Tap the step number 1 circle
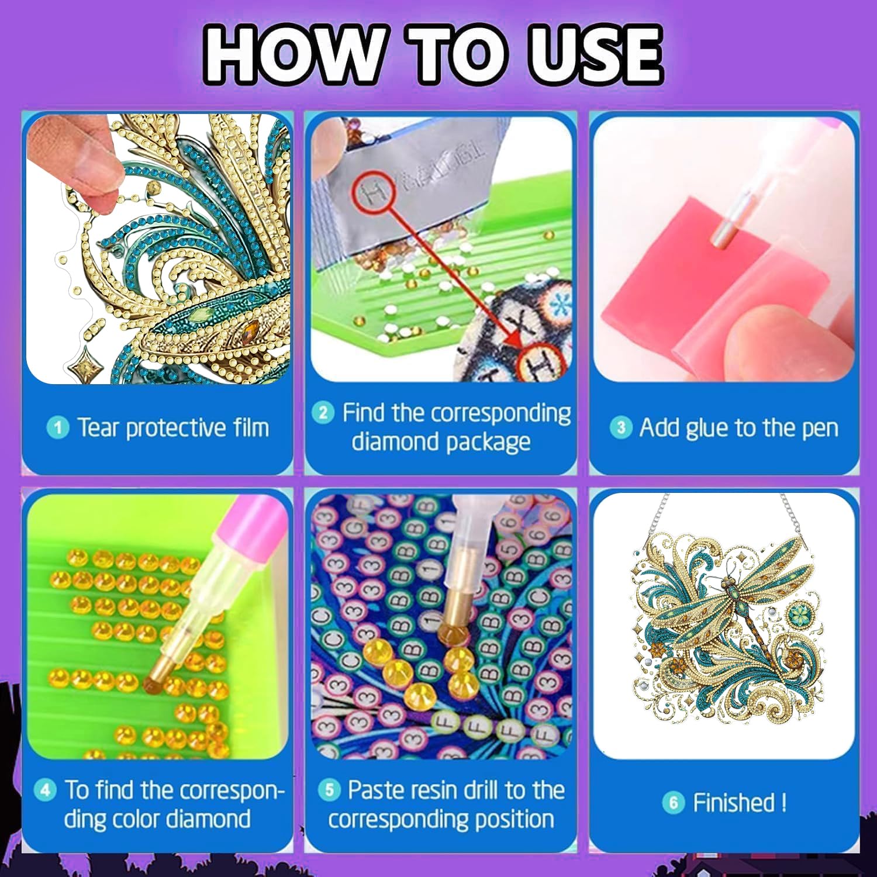pos(57,428)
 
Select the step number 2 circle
pos(323,413)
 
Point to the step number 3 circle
pos(621,427)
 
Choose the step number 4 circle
pos(45,790)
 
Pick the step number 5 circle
pos(329,790)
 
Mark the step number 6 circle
pos(674,802)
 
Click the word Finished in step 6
pos(734,802)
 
